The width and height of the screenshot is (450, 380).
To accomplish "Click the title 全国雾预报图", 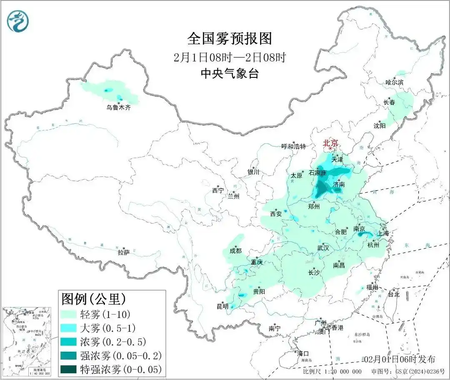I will pos(230,39).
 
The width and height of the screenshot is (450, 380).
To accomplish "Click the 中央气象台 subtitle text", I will pos(230,74).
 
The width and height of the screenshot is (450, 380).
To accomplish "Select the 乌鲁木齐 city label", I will pos(118,107).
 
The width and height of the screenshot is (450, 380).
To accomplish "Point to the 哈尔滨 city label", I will pos(394,82).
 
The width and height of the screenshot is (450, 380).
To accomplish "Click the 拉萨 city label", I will pos(123,252).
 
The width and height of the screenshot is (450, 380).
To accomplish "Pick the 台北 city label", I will pos(393,294).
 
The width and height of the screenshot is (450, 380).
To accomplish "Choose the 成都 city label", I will pos(235,251).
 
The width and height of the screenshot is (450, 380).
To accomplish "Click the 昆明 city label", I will pos(222,306).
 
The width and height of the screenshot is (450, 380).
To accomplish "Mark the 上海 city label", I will pos(383,233).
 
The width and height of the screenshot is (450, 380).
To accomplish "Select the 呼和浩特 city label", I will pos(294,147).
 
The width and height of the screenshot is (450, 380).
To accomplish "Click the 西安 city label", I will pos(276,214).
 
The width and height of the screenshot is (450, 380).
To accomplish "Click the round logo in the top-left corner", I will pos(18,21).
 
